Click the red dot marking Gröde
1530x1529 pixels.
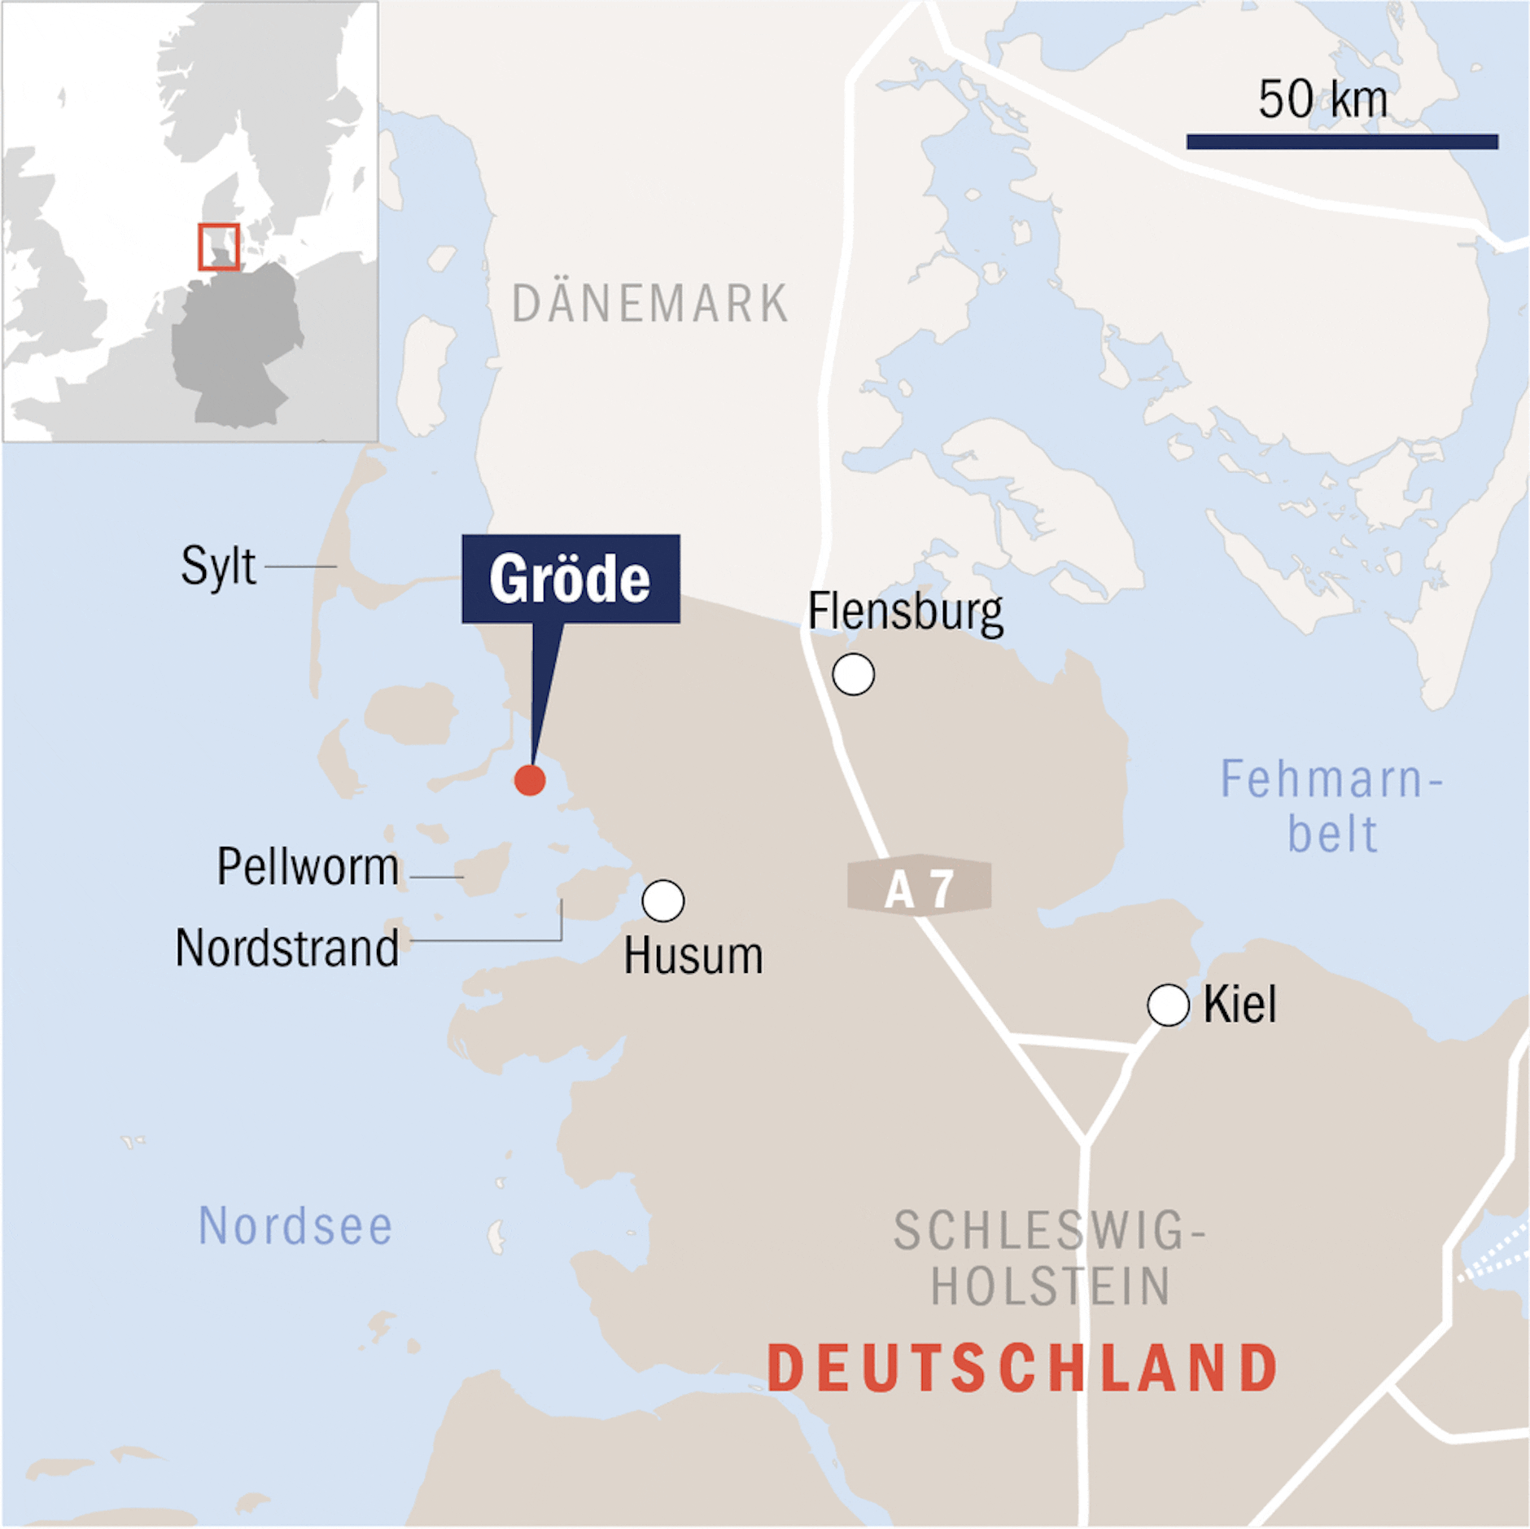[x=530, y=780]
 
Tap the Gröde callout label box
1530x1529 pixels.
[x=570, y=579]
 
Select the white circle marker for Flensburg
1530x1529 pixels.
[x=853, y=674]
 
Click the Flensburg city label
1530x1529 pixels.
[x=905, y=612]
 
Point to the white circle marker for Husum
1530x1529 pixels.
[x=663, y=900]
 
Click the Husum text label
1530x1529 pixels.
[x=693, y=956]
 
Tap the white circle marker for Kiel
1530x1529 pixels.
[x=1168, y=1005]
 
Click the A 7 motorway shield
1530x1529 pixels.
[x=919, y=887]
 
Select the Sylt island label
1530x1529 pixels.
[x=218, y=566]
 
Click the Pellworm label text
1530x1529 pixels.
[x=308, y=866]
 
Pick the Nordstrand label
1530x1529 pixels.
[x=287, y=949]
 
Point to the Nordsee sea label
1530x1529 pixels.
[x=295, y=1226]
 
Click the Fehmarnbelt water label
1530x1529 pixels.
[x=1331, y=806]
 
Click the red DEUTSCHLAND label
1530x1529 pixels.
[x=1022, y=1368]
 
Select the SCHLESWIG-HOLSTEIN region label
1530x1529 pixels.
[x=1050, y=1258]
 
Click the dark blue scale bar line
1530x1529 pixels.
[x=1342, y=142]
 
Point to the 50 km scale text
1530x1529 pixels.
[x=1322, y=99]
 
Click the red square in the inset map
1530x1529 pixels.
[x=219, y=247]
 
